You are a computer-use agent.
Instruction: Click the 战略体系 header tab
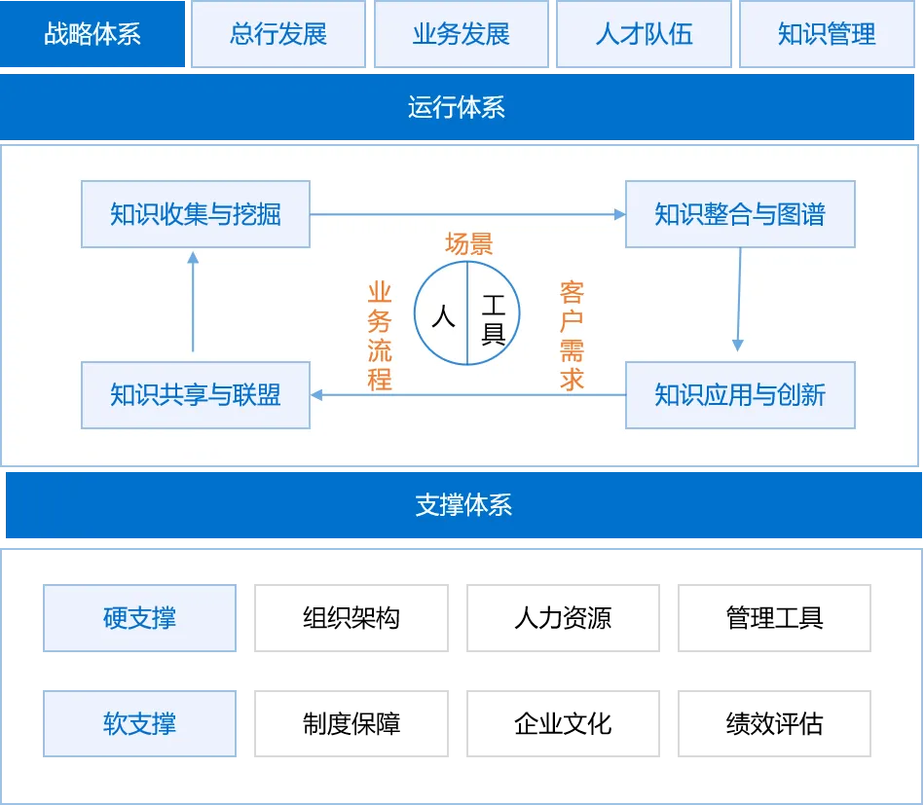[x=92, y=35]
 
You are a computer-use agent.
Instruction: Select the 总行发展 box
[x=278, y=35]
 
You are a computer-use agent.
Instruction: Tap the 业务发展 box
[x=462, y=35]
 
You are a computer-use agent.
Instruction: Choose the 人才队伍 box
[x=644, y=35]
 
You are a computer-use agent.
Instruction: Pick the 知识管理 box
[x=827, y=35]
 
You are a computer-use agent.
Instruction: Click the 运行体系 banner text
[x=457, y=107]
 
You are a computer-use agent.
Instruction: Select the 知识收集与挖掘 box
[x=196, y=214]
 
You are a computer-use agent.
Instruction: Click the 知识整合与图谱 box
[x=740, y=214]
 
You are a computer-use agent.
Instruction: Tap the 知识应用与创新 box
[x=740, y=395]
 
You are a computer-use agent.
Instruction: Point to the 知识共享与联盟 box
[x=196, y=395]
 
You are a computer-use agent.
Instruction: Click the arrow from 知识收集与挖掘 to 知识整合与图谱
[x=467, y=214]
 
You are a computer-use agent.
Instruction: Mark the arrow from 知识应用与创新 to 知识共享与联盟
[x=467, y=395]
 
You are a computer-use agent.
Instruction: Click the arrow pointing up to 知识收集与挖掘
[x=193, y=302]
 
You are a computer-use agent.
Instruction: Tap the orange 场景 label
[x=468, y=244]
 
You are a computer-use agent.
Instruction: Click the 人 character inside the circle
[x=443, y=316]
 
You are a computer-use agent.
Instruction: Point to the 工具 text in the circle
[x=493, y=322]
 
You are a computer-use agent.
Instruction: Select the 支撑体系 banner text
[x=463, y=505]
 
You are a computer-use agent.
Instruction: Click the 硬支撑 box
[x=139, y=618]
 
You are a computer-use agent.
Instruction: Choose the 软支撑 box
[x=139, y=724]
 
